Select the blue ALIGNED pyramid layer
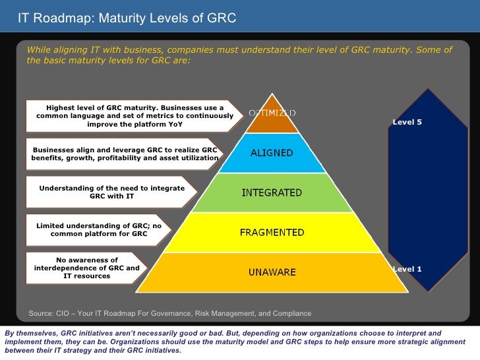point(272,153)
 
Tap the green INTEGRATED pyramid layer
point(272,193)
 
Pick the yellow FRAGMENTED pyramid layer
point(272,232)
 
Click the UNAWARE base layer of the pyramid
point(272,272)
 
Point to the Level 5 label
point(407,123)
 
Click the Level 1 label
point(407,269)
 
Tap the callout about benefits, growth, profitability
point(125,154)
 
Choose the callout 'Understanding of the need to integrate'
point(111,193)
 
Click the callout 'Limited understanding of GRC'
point(99,229)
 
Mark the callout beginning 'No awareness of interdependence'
point(86,268)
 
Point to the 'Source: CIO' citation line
point(169,313)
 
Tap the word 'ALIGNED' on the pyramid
point(272,153)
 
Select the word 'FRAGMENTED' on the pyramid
point(272,232)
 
